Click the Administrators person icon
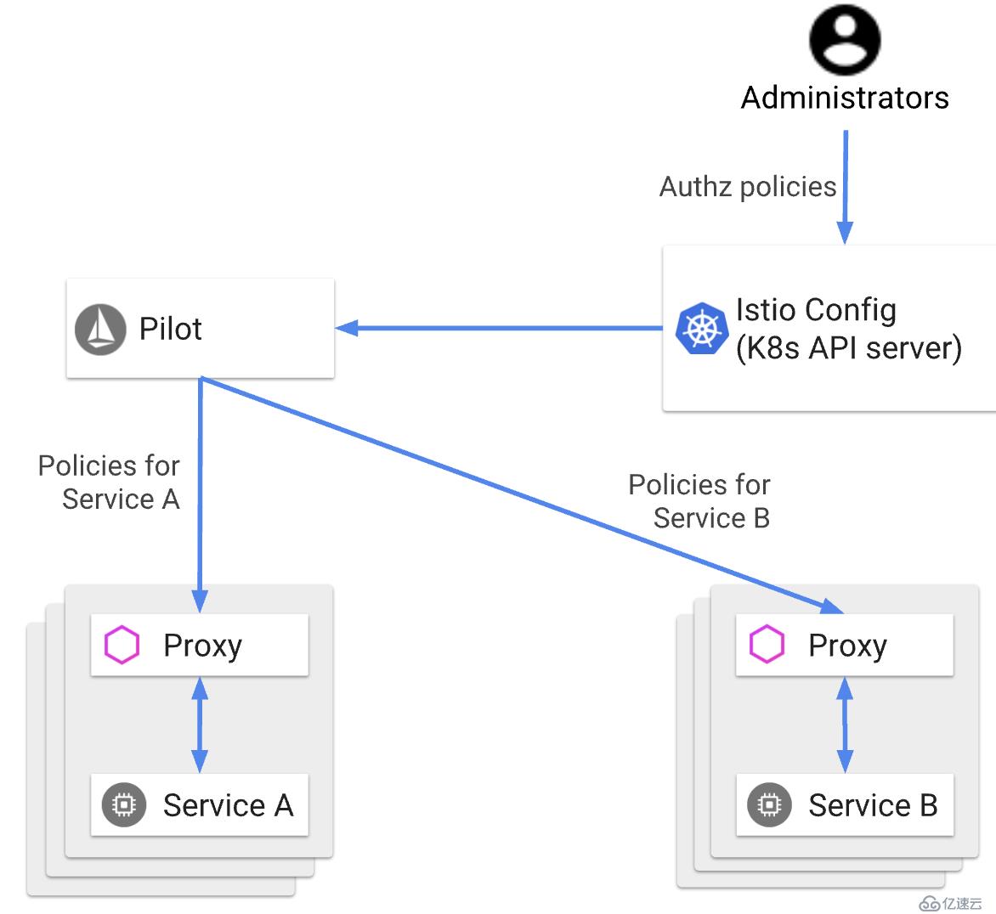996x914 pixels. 844,39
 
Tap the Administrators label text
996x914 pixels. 844,98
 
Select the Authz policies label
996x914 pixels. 748,187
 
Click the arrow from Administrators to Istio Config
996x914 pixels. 845,187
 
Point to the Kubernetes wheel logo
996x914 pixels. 702,329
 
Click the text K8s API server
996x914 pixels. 848,348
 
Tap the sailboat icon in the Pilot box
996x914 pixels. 100,330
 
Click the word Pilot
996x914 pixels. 170,329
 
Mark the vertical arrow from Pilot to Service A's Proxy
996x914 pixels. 200,493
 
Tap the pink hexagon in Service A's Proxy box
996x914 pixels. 122,646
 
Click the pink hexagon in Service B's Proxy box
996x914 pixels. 767,645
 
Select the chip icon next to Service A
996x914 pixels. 124,804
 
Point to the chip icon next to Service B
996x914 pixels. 769,804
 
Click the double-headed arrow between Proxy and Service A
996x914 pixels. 200,725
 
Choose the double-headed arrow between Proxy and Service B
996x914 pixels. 845,725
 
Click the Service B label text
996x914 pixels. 873,804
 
